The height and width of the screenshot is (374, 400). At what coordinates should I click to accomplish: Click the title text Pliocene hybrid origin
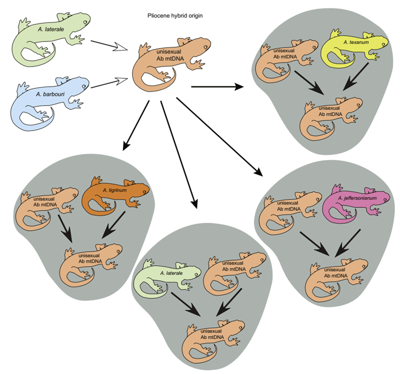[x=175, y=16]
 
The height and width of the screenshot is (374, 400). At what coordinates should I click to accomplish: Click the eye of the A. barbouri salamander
[x=85, y=86]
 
